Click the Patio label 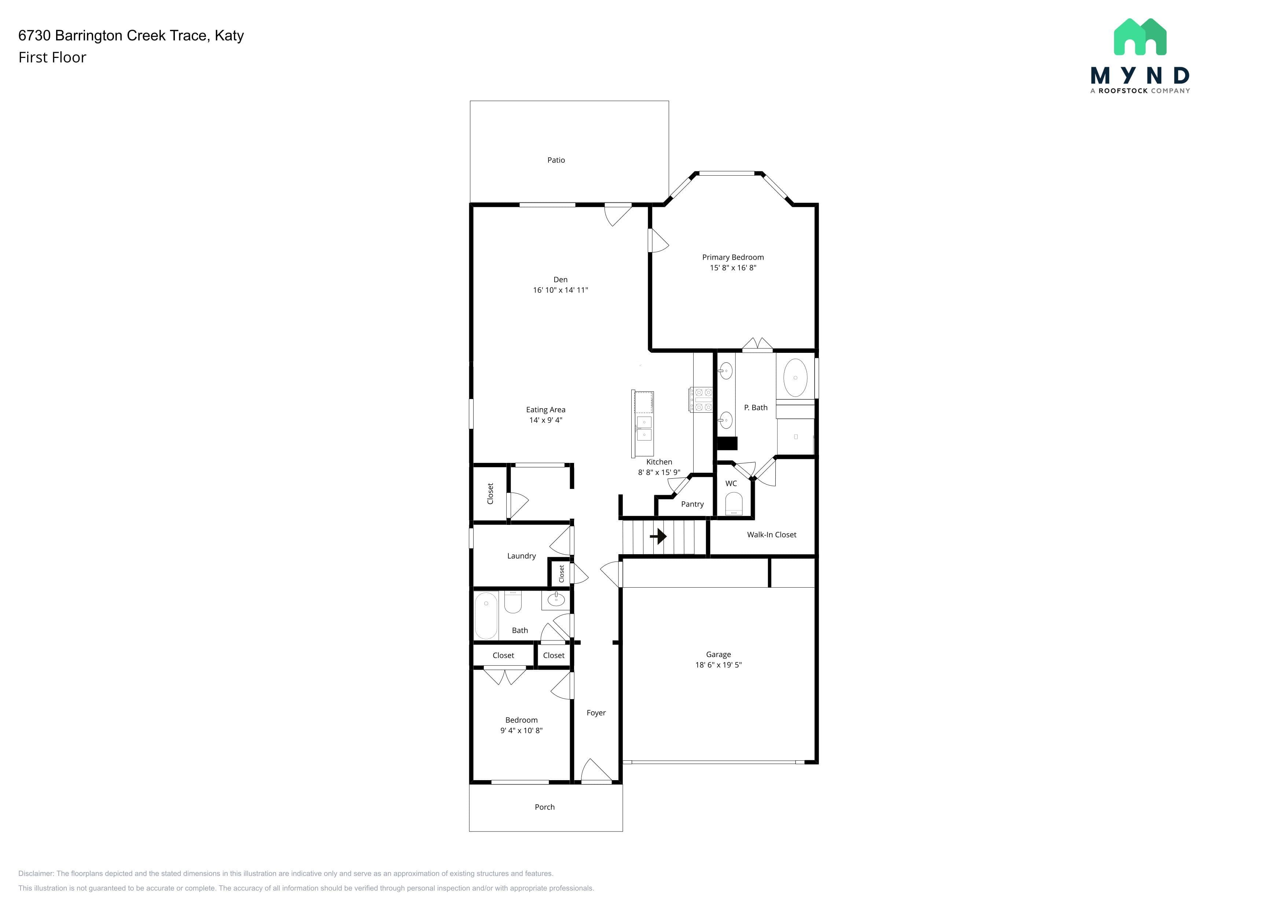(x=556, y=160)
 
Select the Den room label (x=560, y=279)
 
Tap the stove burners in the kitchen (x=701, y=399)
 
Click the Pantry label (x=692, y=504)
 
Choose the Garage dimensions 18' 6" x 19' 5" (x=718, y=665)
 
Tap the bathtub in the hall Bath (x=486, y=616)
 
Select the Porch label (x=544, y=807)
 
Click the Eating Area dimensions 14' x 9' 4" (x=545, y=420)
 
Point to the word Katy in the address (x=229, y=36)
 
